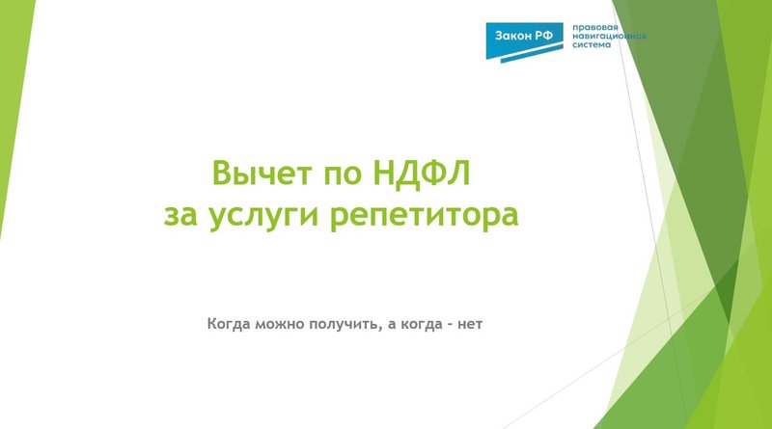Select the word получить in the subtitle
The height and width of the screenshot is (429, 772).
pyautogui.click(x=343, y=323)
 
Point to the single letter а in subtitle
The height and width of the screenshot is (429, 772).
pyautogui.click(x=392, y=323)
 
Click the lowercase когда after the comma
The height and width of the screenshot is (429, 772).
pyautogui.click(x=422, y=323)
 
